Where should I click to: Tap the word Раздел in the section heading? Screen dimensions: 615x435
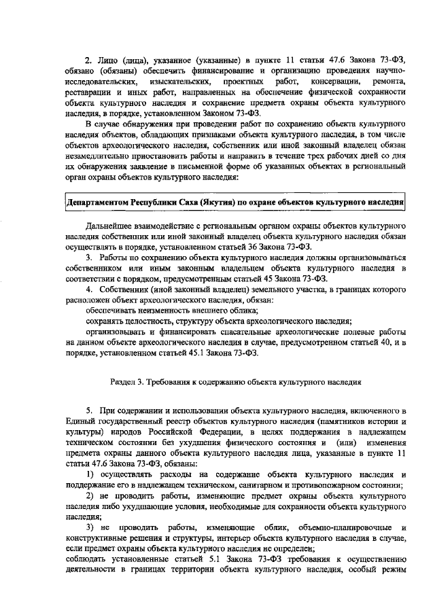click(x=124, y=381)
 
